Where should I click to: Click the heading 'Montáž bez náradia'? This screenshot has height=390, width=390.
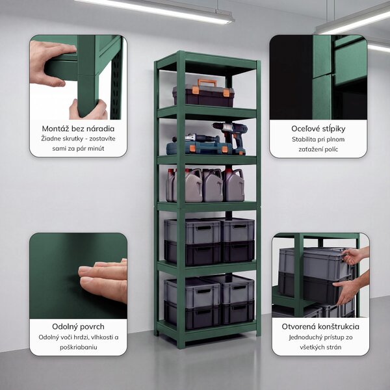click(78, 129)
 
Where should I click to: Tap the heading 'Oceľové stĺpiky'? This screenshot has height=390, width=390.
click(318, 129)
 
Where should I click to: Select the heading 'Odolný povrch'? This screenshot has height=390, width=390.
click(78, 326)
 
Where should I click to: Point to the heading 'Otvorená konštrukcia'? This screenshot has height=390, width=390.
click(320, 326)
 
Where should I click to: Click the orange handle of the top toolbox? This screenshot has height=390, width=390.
click(207, 82)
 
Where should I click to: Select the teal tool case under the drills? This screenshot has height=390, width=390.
click(199, 148)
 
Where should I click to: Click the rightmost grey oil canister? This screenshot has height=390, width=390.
click(234, 185)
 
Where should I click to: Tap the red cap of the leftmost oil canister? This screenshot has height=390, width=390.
click(171, 172)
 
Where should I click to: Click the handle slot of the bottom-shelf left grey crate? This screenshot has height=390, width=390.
click(203, 291)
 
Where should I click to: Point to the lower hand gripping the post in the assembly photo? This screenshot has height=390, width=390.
click(90, 109)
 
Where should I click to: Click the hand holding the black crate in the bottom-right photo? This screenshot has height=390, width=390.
click(348, 290)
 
